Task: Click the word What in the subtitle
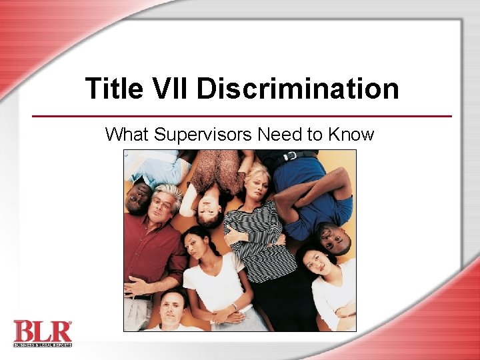pos(127,135)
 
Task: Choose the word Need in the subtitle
pos(279,135)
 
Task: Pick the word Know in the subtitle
pos(351,135)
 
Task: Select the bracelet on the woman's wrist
pos(235,306)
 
